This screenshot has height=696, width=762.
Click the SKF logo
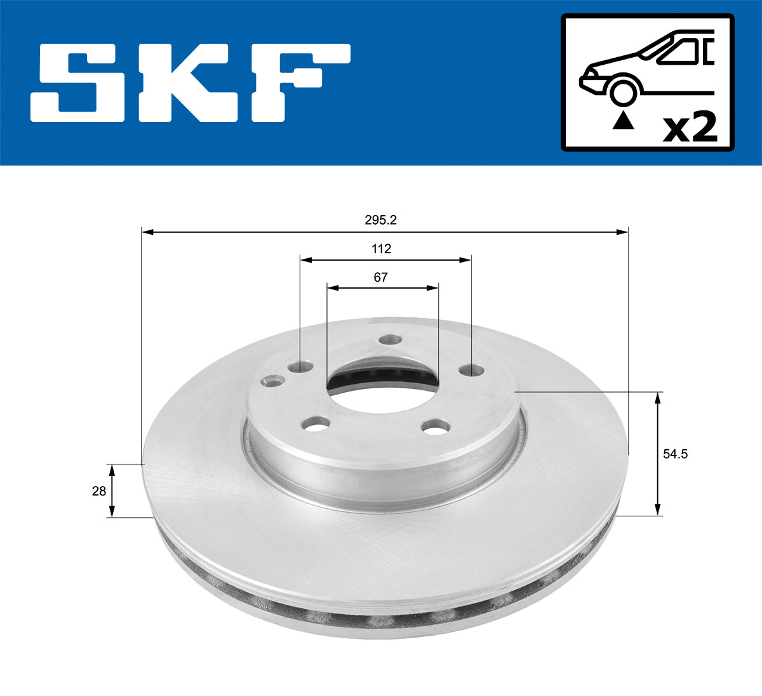click(x=190, y=82)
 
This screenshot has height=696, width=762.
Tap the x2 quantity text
click(x=690, y=128)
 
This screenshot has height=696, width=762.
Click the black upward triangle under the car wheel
click(x=623, y=121)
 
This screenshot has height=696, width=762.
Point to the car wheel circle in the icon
click(x=622, y=91)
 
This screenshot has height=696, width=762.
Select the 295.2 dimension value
click(x=380, y=220)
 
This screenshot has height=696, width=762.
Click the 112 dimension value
click(x=381, y=249)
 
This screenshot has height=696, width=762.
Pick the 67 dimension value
click(x=380, y=277)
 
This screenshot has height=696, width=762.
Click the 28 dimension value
click(x=99, y=490)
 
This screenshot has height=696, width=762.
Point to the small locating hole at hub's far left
click(x=273, y=382)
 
